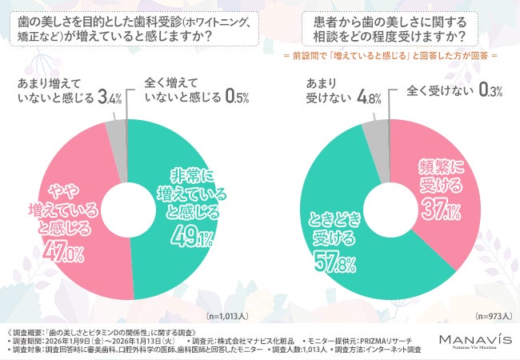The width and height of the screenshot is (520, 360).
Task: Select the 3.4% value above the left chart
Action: (109, 98)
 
